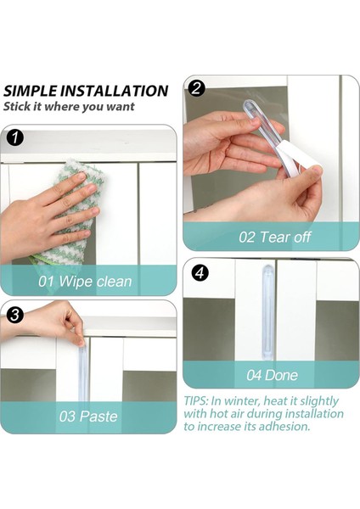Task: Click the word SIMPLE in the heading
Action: [x=32, y=91]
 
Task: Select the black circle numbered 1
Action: [x=14, y=136]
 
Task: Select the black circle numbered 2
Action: [x=196, y=87]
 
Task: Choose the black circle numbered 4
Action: [x=199, y=273]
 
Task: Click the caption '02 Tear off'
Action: [x=273, y=236]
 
